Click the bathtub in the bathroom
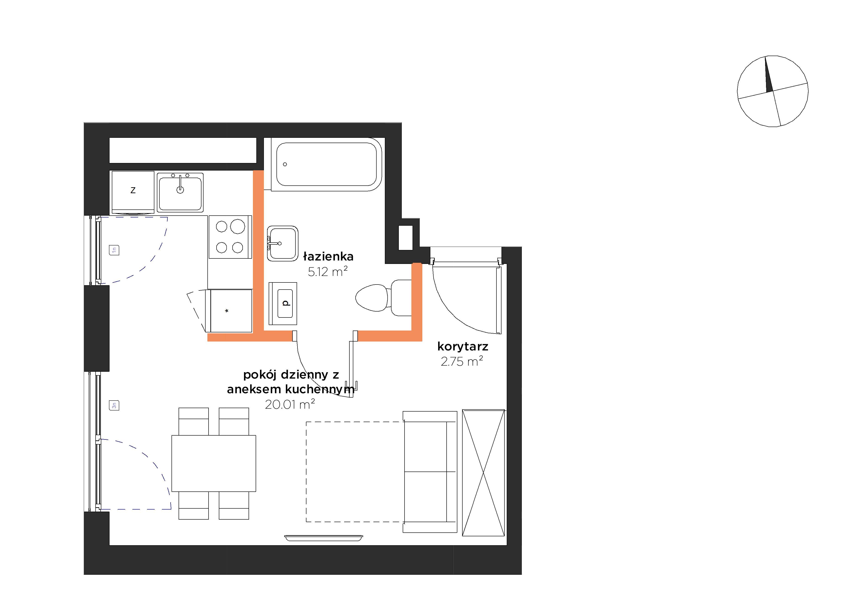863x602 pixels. (x=326, y=164)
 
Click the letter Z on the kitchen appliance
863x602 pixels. (x=133, y=190)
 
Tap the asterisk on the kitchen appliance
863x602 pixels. (x=227, y=311)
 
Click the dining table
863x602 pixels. (x=214, y=464)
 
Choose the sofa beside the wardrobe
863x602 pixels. (x=430, y=472)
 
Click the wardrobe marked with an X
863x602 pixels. (x=483, y=473)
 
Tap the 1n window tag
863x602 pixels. (x=114, y=250)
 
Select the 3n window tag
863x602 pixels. (x=114, y=405)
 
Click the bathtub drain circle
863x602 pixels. (x=285, y=164)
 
